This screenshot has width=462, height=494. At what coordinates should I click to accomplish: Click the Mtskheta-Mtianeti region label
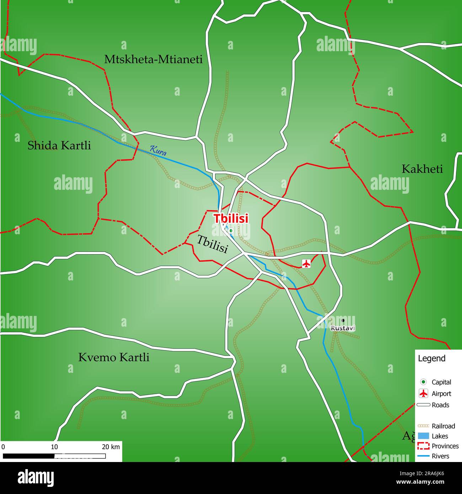tap(153, 59)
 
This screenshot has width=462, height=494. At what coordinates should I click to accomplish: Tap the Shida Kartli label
tap(59, 145)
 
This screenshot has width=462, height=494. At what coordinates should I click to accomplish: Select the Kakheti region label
tap(422, 169)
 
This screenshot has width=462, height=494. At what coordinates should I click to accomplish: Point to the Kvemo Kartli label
tap(114, 357)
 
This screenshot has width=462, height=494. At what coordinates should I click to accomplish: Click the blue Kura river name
tap(158, 151)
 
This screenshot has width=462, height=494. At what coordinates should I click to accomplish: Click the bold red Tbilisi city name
tap(231, 219)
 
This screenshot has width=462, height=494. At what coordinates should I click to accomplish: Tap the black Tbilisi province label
tap(212, 244)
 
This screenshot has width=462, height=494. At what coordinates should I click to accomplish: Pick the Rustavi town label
tap(343, 328)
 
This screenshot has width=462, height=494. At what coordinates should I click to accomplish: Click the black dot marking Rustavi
tap(343, 320)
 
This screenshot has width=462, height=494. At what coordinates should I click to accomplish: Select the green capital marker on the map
tap(231, 231)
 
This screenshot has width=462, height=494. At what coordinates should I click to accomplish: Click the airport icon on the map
tap(306, 263)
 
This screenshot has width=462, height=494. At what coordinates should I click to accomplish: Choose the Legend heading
tap(431, 358)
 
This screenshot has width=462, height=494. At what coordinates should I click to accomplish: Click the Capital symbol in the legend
tap(423, 382)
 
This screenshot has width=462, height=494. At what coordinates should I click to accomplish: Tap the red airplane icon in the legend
tap(423, 393)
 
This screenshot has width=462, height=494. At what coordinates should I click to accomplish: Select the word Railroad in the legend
tap(443, 426)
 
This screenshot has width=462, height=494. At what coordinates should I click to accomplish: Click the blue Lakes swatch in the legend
tap(423, 436)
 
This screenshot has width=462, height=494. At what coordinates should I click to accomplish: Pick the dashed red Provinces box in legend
tap(423, 446)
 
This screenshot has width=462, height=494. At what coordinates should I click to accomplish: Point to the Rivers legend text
tap(440, 456)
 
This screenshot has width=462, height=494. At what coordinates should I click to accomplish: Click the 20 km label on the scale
tap(111, 447)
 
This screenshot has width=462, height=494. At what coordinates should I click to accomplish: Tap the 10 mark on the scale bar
tap(54, 447)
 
